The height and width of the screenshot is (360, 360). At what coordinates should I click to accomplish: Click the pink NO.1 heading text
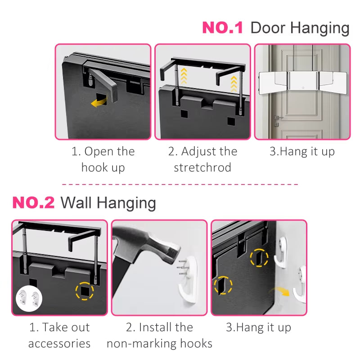click(x=222, y=27)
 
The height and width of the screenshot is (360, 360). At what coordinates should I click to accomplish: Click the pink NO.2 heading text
click(x=33, y=202)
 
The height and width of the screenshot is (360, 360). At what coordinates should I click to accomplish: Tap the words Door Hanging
click(x=300, y=27)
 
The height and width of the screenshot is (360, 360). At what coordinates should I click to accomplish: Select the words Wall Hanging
click(x=108, y=202)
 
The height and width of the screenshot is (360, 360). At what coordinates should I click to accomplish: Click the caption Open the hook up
click(x=103, y=159)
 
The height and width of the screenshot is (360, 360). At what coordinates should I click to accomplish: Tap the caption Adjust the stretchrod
click(x=202, y=159)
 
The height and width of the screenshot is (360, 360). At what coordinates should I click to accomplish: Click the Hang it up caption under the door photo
click(x=302, y=152)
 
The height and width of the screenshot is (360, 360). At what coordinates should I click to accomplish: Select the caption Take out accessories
click(x=59, y=335)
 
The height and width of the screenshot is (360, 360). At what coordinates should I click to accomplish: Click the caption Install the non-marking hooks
click(x=159, y=335)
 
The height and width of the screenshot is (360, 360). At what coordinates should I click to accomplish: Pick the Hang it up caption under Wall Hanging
click(x=258, y=327)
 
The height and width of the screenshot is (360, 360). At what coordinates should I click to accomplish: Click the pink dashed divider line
click(x=180, y=184)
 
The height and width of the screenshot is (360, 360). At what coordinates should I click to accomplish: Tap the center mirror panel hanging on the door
click(x=302, y=82)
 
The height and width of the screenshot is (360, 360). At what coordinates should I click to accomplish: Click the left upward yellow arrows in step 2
click(x=183, y=75)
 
